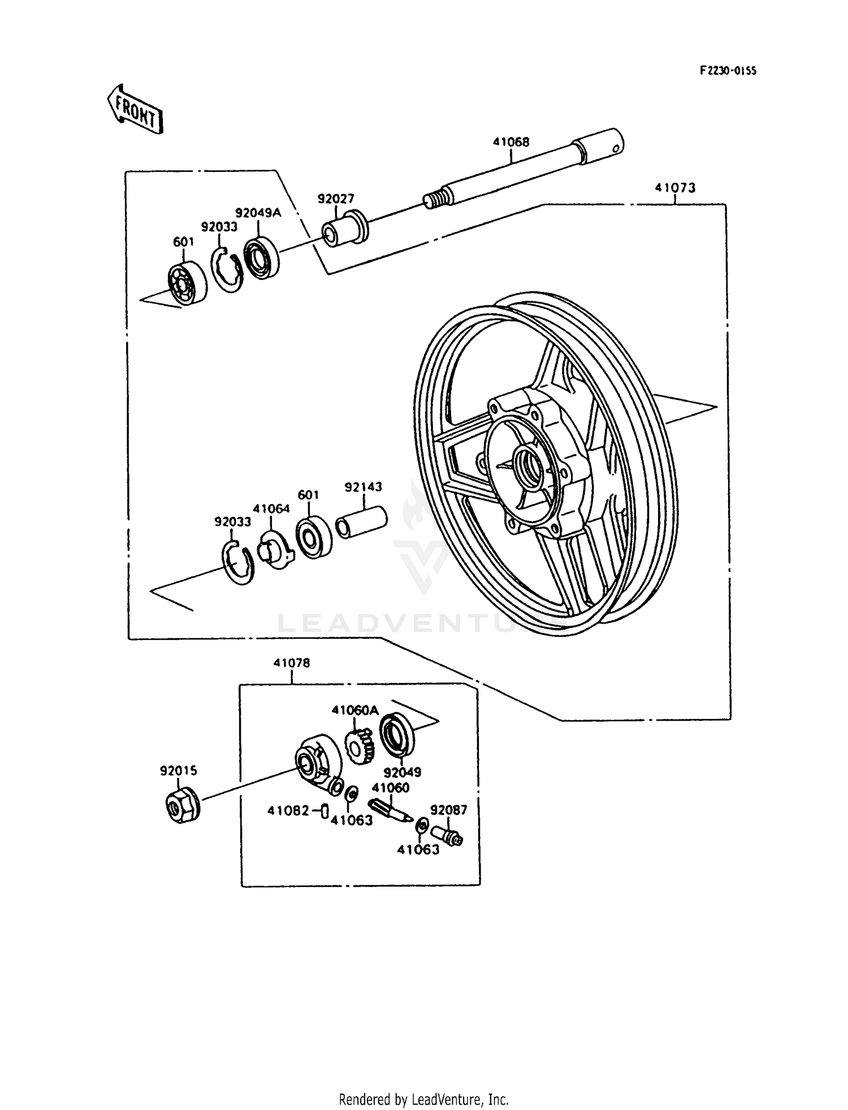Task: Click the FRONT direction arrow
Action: (135, 109)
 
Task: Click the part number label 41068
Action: (510, 142)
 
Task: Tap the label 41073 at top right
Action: (675, 187)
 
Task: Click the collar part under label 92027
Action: (345, 229)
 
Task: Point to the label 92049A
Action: (258, 213)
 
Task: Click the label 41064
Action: (271, 508)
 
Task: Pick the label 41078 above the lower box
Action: (292, 662)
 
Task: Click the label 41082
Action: (288, 811)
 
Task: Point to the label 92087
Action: (448, 810)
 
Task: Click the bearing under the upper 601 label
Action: (187, 284)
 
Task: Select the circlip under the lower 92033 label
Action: (239, 563)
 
